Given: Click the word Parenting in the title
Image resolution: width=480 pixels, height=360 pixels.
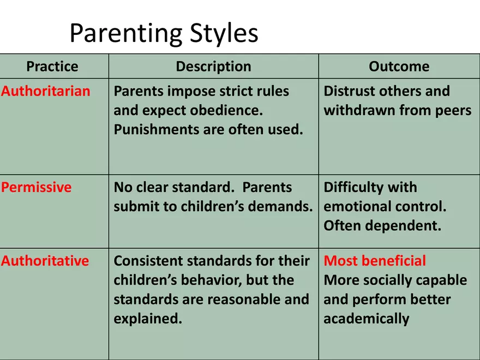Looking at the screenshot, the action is [x=126, y=33].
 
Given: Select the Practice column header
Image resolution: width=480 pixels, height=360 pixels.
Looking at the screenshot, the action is [x=52, y=67].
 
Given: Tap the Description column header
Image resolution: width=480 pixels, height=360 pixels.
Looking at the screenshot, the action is [x=213, y=67].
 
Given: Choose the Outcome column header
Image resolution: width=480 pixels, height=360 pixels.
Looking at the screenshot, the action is [x=399, y=67].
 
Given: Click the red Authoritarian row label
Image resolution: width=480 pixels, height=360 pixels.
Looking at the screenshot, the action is [x=46, y=91].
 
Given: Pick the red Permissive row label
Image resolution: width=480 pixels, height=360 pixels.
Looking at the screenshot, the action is [x=36, y=187].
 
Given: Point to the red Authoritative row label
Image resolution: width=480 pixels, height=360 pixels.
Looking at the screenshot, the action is [x=45, y=261].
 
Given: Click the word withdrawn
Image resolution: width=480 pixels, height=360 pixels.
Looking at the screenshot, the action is [x=359, y=110].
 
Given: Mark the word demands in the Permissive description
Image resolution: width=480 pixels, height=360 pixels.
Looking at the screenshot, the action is [x=280, y=206].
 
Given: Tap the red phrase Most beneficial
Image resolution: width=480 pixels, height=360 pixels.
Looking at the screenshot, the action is [x=375, y=261].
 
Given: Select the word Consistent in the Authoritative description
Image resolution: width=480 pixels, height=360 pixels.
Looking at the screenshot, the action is [x=148, y=261].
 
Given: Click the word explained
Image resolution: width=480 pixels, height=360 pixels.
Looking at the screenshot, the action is [x=148, y=319].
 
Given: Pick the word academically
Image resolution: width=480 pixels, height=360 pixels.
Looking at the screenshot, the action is [x=367, y=319].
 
